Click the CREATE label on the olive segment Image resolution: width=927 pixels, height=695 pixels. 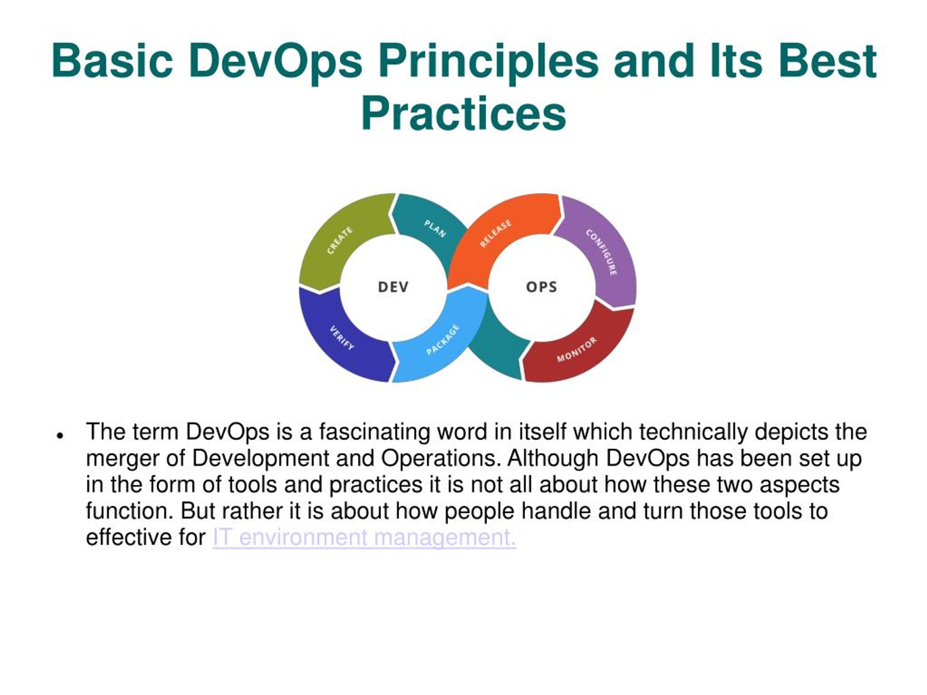click(x=339, y=240)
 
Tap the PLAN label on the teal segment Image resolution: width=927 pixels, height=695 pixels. click(x=435, y=229)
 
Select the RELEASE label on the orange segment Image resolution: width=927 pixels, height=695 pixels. click(x=495, y=233)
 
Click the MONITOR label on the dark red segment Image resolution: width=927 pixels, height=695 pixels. click(x=576, y=349)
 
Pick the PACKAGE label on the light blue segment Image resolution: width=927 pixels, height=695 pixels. click(x=442, y=340)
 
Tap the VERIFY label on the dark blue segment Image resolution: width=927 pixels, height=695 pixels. click(x=342, y=338)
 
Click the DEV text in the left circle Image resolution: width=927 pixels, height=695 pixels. click(x=393, y=287)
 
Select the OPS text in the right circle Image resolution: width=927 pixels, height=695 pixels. click(x=541, y=287)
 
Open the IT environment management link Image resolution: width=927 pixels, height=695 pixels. click(x=364, y=537)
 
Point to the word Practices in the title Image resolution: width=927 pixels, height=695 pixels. click(x=463, y=114)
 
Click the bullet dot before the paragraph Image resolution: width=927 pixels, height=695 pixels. click(x=60, y=436)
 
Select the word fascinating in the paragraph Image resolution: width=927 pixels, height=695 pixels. click(x=374, y=432)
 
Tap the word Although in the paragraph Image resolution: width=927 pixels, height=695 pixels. click(x=553, y=459)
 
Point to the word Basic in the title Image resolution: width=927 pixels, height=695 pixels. click(x=112, y=61)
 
